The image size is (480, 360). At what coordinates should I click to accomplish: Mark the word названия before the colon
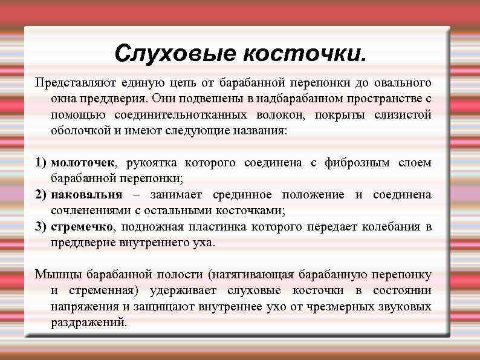258,131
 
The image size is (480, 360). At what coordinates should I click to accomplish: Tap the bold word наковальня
86,195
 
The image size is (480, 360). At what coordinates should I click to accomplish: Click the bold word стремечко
82,227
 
